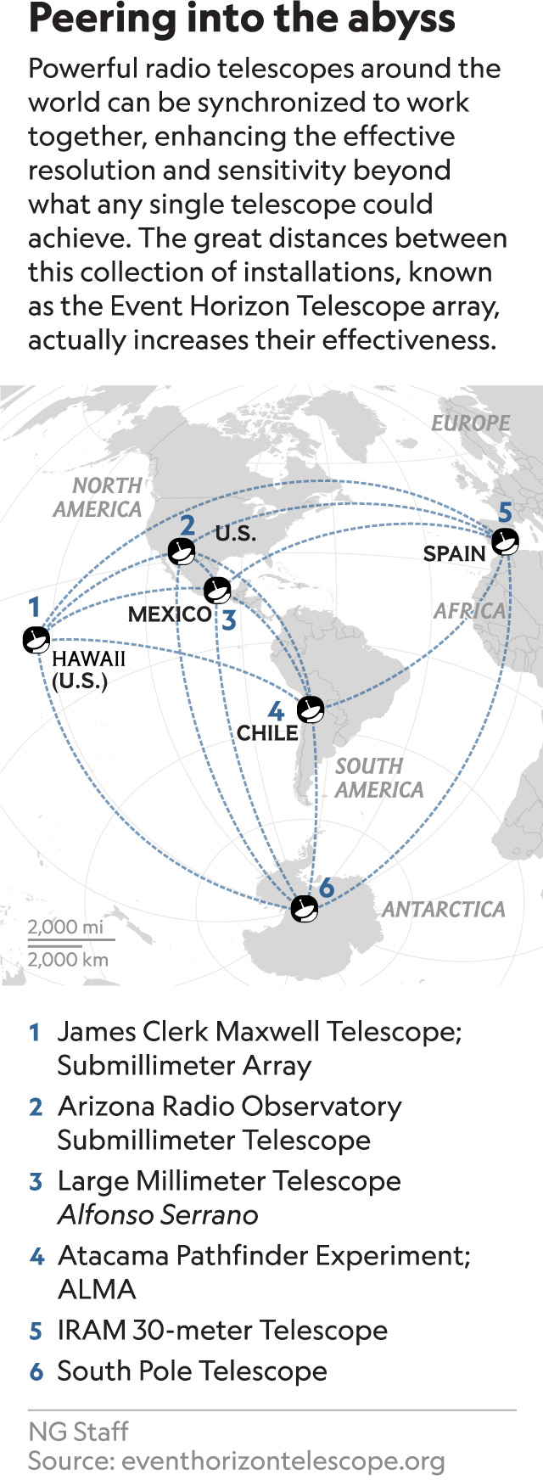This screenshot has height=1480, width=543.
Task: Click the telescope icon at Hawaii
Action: [36, 640]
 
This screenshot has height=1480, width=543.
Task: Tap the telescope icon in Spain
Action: [505, 541]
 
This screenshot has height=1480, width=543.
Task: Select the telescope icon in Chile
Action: [310, 709]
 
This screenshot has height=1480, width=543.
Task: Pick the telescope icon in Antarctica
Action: [304, 909]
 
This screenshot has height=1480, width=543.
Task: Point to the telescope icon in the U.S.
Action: [182, 552]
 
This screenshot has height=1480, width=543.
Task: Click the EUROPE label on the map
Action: [470, 423]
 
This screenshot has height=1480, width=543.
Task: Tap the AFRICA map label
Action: [469, 611]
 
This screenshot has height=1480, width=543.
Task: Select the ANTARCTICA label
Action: [443, 910]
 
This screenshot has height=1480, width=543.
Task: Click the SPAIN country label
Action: [454, 554]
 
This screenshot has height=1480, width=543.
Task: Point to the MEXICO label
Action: [170, 614]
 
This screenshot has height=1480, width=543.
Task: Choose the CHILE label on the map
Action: [266, 733]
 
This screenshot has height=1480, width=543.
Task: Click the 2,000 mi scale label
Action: [65, 927]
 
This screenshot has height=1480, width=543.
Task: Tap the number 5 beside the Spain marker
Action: [505, 513]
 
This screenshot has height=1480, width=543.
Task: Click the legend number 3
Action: [36, 1181]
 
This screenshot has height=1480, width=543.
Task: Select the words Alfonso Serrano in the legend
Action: [158, 1215]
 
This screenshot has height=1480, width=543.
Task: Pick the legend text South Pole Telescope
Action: [192, 1371]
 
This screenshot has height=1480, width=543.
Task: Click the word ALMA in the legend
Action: [97, 1290]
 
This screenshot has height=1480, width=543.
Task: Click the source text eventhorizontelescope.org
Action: [283, 1461]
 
